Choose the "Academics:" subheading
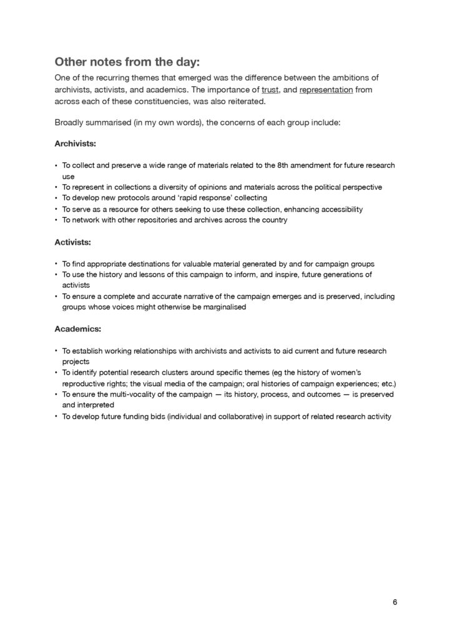click(77, 328)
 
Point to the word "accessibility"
click(340, 209)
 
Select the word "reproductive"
click(83, 383)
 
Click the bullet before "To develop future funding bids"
click(56, 416)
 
